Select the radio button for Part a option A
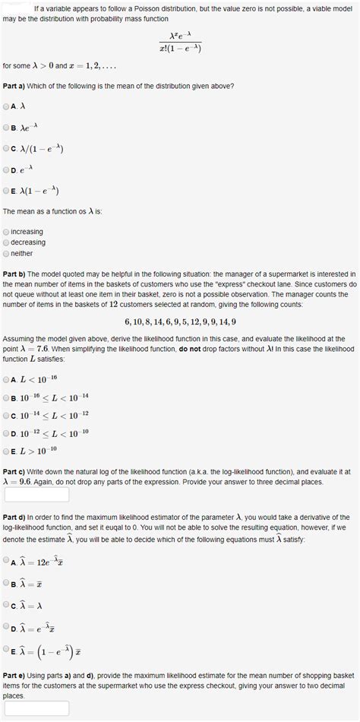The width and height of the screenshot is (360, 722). [x=7, y=106]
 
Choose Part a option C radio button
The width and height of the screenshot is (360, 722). [x=7, y=149]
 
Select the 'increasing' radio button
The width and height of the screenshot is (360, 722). [x=7, y=232]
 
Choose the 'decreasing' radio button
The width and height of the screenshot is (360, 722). [x=7, y=242]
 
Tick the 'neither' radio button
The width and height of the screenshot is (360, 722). [x=7, y=253]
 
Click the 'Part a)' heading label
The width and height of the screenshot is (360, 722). [x=15, y=86]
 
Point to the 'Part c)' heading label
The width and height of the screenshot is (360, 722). [x=15, y=471]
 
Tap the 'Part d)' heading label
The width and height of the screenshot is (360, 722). [x=15, y=516]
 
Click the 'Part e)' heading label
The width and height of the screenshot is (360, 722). [x=15, y=676]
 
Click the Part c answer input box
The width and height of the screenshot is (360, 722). [x=36, y=495]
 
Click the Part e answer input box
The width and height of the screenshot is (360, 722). [x=36, y=708]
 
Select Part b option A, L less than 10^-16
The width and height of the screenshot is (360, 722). [x=7, y=378]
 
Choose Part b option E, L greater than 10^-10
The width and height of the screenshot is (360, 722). [x=7, y=450]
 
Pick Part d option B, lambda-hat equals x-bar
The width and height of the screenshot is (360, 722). [x=7, y=583]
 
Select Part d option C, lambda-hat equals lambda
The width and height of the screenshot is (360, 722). [x=7, y=605]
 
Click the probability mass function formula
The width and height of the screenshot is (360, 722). [x=179, y=43]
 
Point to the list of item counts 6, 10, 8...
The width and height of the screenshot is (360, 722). [x=180, y=321]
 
